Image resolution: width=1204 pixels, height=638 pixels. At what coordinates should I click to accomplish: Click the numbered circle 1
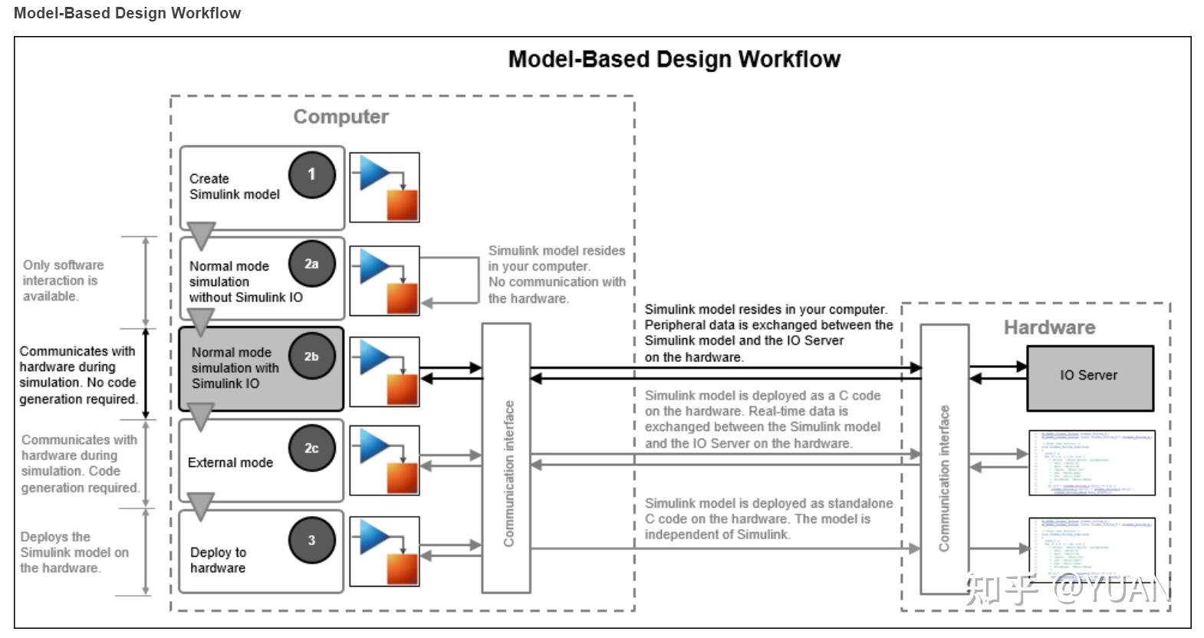click(311, 175)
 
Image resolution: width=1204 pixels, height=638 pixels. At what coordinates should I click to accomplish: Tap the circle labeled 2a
click(311, 264)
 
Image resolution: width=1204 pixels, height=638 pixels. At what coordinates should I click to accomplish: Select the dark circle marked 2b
click(311, 357)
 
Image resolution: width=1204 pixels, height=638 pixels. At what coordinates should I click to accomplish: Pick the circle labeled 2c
click(311, 448)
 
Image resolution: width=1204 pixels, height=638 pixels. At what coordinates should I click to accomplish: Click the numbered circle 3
click(311, 540)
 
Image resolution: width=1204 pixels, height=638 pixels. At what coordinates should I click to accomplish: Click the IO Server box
click(1089, 376)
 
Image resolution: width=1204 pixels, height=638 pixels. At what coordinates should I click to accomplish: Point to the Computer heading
click(340, 117)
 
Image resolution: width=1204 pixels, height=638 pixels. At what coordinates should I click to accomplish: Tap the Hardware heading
click(1049, 327)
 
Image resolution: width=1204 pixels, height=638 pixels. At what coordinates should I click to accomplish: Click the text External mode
click(230, 462)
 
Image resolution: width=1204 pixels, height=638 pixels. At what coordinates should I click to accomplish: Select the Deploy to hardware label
click(218, 560)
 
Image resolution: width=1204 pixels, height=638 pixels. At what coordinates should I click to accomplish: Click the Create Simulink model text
click(234, 186)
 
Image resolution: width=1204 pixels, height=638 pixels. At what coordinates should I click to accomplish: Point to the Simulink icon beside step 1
click(385, 188)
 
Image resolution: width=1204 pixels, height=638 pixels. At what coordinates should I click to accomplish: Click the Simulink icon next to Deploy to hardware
click(385, 552)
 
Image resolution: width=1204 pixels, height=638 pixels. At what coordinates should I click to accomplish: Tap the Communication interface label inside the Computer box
click(508, 473)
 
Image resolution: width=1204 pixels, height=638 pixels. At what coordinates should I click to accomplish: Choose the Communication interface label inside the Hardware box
click(944, 478)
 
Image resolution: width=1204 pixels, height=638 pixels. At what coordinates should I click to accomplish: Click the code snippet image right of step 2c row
click(1091, 462)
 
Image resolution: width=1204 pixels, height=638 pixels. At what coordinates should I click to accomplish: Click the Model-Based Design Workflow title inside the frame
click(674, 59)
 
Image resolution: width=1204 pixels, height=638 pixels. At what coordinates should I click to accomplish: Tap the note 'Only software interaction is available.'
click(63, 281)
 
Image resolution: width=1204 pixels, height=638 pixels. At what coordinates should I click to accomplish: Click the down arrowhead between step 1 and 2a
click(202, 235)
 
